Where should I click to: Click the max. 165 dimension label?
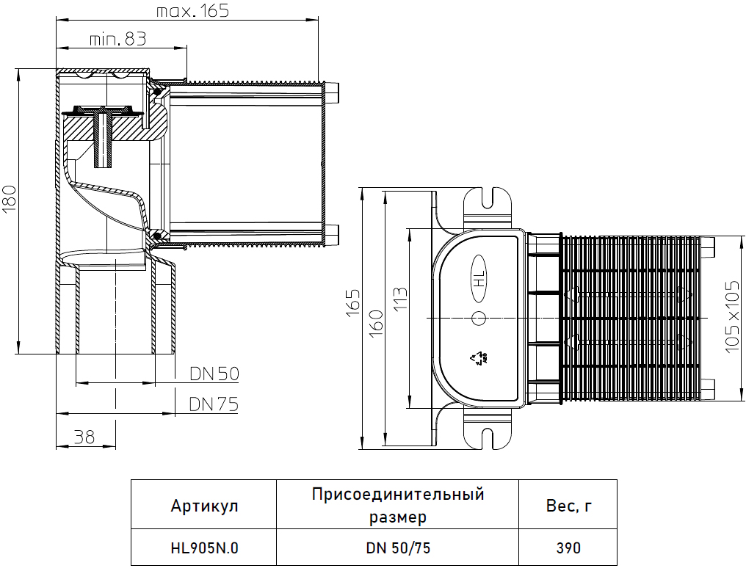[192, 11]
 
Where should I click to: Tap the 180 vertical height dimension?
[10, 198]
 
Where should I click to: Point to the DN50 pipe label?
[214, 374]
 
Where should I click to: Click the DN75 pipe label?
[214, 404]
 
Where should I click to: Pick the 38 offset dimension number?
[84, 437]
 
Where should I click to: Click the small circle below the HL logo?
[479, 319]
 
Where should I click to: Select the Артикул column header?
[204, 506]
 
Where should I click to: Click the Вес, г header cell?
[569, 506]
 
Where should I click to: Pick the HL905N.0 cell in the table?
[205, 548]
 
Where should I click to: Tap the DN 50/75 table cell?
[397, 548]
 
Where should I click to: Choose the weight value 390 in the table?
[568, 548]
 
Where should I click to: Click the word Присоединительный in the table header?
[398, 494]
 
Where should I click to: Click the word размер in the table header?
[397, 517]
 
